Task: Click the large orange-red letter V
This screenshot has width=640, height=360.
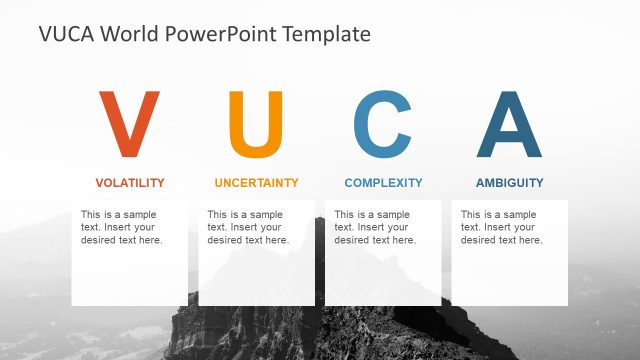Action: click(129, 126)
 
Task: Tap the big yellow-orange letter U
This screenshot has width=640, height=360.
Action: click(256, 126)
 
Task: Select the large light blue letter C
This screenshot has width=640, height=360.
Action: click(383, 126)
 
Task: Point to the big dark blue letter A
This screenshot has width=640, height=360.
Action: click(510, 126)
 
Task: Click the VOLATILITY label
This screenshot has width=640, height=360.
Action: click(129, 183)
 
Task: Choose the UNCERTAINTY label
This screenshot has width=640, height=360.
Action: click(256, 183)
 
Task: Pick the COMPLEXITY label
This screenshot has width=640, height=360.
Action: click(383, 183)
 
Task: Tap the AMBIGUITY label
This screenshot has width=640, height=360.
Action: click(510, 183)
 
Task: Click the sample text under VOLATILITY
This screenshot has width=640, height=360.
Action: click(121, 227)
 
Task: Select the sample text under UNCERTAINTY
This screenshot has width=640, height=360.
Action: click(248, 227)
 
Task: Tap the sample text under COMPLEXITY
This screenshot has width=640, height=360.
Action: click(375, 227)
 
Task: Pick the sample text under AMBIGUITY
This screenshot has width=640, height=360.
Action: click(501, 227)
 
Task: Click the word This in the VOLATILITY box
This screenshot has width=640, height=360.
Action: click(90, 215)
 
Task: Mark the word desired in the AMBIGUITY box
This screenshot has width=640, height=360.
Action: click(478, 240)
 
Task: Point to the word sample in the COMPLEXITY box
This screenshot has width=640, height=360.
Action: click(393, 215)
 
